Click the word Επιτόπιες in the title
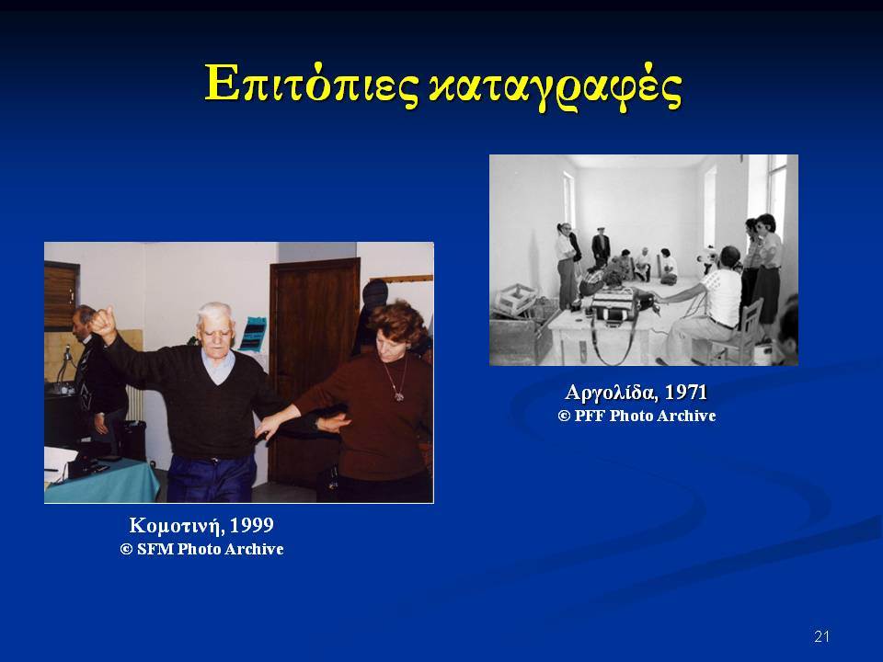(x=312, y=85)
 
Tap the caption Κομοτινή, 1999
(x=201, y=525)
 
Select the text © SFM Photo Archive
(x=201, y=549)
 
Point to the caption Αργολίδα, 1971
(x=636, y=393)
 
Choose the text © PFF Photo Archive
(x=636, y=416)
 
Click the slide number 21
(x=821, y=636)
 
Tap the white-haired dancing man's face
(x=215, y=332)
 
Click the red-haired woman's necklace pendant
(x=398, y=395)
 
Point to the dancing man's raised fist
(x=102, y=322)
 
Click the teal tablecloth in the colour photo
(x=102, y=480)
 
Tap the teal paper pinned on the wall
(x=253, y=334)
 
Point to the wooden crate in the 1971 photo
(x=515, y=299)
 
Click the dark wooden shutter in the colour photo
(x=61, y=295)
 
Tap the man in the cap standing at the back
(x=601, y=246)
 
